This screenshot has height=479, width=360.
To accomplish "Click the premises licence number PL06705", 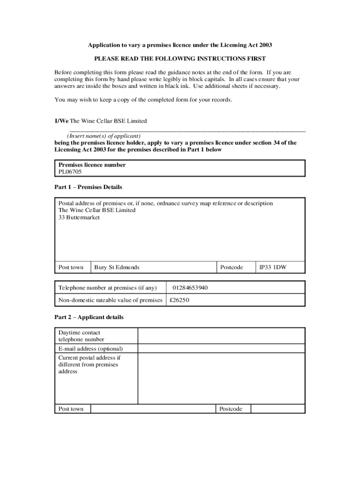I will coord(70,172).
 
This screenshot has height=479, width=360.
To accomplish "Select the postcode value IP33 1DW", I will coord(273,268).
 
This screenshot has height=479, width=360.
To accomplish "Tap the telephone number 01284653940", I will coord(190,288).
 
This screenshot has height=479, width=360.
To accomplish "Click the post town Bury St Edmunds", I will coord(117,268).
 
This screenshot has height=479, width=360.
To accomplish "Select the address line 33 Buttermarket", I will coord(79,218).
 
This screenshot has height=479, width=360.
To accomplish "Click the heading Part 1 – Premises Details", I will coord(88,187).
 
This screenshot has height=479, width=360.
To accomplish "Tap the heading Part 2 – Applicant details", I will coord(89,317).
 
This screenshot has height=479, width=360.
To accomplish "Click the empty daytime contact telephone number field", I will coord(221,336).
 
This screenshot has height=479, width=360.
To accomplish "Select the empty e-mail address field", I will coord(221,349).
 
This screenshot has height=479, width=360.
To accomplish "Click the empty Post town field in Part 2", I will coord(153,409).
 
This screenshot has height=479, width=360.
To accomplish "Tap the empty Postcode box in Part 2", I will coord(277,409).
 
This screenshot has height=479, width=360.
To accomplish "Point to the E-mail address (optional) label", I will coord(91,349).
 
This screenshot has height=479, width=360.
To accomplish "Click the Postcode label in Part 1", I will coord(231,268).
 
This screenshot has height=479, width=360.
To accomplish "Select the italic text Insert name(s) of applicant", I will coord(104,136).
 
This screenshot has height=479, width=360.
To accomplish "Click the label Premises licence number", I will coord(92,165).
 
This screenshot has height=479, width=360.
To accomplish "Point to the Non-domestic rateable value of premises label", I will coord(110,300).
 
